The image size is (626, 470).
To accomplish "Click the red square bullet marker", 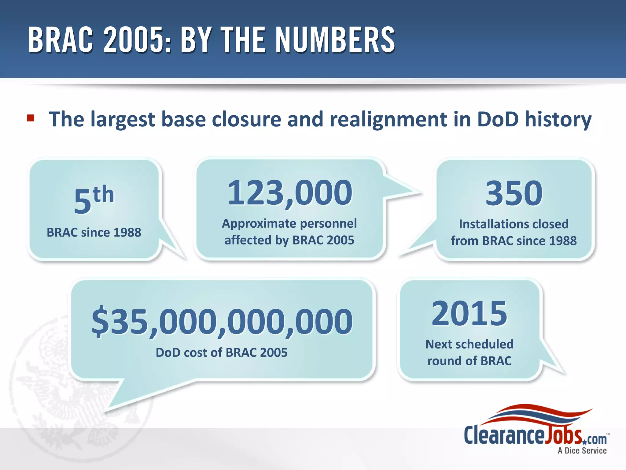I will [x=31, y=118].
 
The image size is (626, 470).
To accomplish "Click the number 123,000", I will [x=290, y=193].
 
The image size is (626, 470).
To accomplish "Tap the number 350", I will [x=514, y=193].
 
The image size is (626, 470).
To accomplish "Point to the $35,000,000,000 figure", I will [x=222, y=321].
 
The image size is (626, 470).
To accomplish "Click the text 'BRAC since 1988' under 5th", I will [x=94, y=233].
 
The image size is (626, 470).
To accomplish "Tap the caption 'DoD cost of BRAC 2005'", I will [x=222, y=352].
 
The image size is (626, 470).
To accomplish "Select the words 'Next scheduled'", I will [x=469, y=344].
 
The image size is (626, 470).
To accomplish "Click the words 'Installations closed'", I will [x=514, y=224].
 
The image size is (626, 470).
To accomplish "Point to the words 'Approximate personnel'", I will [x=289, y=223].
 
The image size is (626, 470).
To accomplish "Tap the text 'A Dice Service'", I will [x=582, y=451].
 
